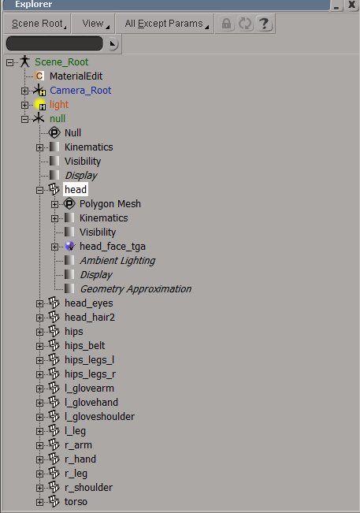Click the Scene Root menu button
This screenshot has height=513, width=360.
[x=37, y=24]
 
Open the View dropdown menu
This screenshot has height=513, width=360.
[x=93, y=24]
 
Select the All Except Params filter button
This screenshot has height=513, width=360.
[x=165, y=24]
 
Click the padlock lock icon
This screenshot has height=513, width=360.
[x=226, y=24]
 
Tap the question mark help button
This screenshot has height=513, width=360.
[x=264, y=24]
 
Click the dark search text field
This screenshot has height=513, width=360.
[x=54, y=43]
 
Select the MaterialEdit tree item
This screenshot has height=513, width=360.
[x=76, y=76]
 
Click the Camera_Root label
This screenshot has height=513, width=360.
[x=80, y=91]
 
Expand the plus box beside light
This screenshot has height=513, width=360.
[x=25, y=105]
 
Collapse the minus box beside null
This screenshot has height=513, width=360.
[x=25, y=119]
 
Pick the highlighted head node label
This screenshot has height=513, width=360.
[x=76, y=189]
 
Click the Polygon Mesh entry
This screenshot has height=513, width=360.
[x=110, y=204]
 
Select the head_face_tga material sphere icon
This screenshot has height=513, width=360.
[x=69, y=247]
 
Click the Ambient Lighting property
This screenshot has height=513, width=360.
[x=117, y=261]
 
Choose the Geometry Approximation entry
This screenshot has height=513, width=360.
[x=135, y=289]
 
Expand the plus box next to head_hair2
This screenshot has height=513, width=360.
[x=40, y=318]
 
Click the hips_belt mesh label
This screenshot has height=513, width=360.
[x=85, y=346]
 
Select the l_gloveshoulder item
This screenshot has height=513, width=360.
[x=100, y=417]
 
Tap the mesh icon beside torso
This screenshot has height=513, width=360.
[x=54, y=501]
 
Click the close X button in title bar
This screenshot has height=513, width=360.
[x=351, y=5]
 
